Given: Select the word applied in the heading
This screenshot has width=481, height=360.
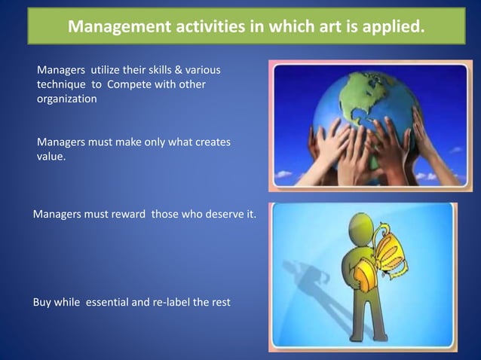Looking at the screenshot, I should point(381,28).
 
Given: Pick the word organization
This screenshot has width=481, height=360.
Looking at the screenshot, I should point(66,99).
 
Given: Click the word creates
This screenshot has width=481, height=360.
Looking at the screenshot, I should point(209,142).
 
